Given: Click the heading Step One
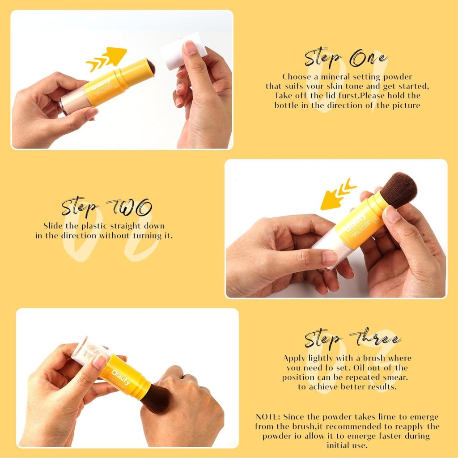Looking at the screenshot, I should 346,59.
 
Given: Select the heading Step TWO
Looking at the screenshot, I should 106,208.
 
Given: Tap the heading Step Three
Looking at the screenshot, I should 352,339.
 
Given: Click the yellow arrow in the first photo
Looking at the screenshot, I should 107,58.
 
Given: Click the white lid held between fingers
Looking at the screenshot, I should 183,51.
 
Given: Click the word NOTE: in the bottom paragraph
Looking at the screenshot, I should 268,417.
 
